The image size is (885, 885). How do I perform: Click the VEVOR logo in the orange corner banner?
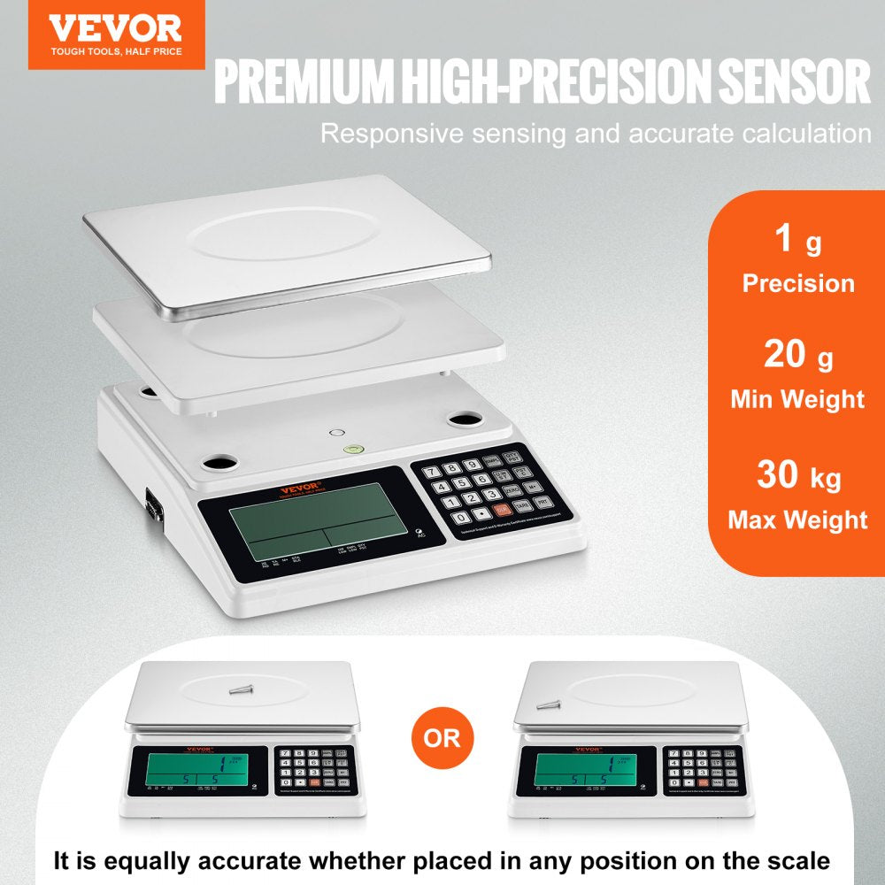[115, 27]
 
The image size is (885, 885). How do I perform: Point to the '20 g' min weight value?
[797, 357]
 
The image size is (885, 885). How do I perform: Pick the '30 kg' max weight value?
[797, 476]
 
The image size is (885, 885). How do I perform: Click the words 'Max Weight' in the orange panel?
[797, 519]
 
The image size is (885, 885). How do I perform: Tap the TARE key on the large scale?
[520, 505]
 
